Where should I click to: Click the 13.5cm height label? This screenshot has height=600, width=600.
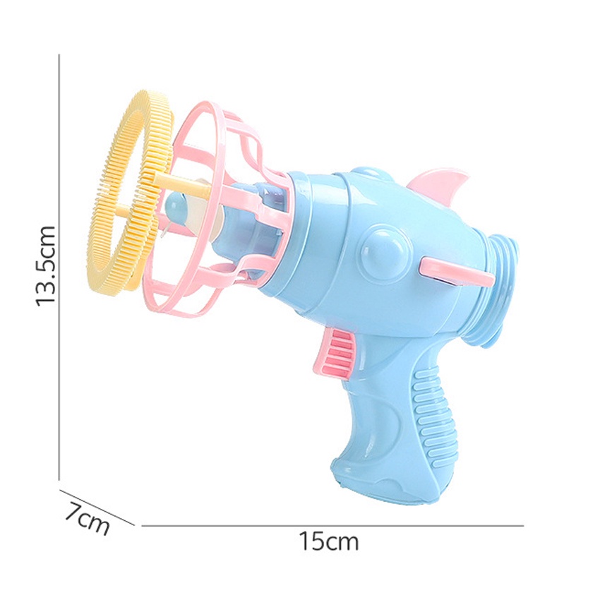pos(46,266)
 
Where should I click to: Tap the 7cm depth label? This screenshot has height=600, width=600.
pos(87,519)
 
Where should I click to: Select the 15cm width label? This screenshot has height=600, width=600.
pos(329,541)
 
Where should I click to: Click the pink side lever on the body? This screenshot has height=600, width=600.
pos(455,272)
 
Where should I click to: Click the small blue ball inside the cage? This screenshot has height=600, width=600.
pos(176,204)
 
